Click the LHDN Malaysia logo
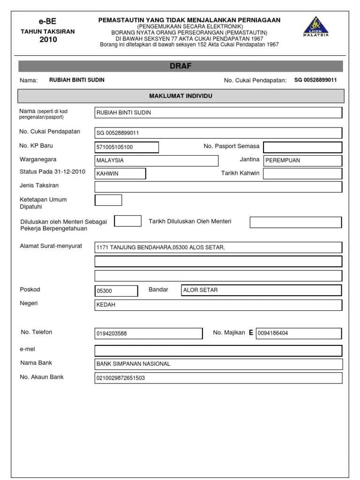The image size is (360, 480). point(315,26)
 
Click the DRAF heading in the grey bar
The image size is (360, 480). point(180,66)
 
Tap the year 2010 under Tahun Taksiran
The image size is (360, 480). point(48,40)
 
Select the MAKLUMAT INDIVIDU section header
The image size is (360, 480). point(180,96)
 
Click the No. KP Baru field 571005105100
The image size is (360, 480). point(127,147)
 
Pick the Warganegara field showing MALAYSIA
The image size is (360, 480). point(156,160)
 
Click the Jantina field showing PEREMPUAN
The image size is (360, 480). point(302,160)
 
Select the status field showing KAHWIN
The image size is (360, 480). point(120,173)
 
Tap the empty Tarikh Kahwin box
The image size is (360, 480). point(302,173)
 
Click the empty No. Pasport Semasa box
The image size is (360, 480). point(302,147)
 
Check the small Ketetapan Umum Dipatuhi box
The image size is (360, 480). point(108,200)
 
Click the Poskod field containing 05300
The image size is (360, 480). point(116,291)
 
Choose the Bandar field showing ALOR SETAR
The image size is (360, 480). point(261,290)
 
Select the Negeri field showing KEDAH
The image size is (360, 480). point(218,305)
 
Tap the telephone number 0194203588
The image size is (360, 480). point(149,334)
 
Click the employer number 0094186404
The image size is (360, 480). point(299,333)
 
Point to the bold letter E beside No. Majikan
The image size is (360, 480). point(251,333)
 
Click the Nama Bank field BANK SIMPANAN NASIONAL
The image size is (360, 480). point(218,364)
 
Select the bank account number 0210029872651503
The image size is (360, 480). point(218,378)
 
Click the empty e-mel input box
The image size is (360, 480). point(218,351)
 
